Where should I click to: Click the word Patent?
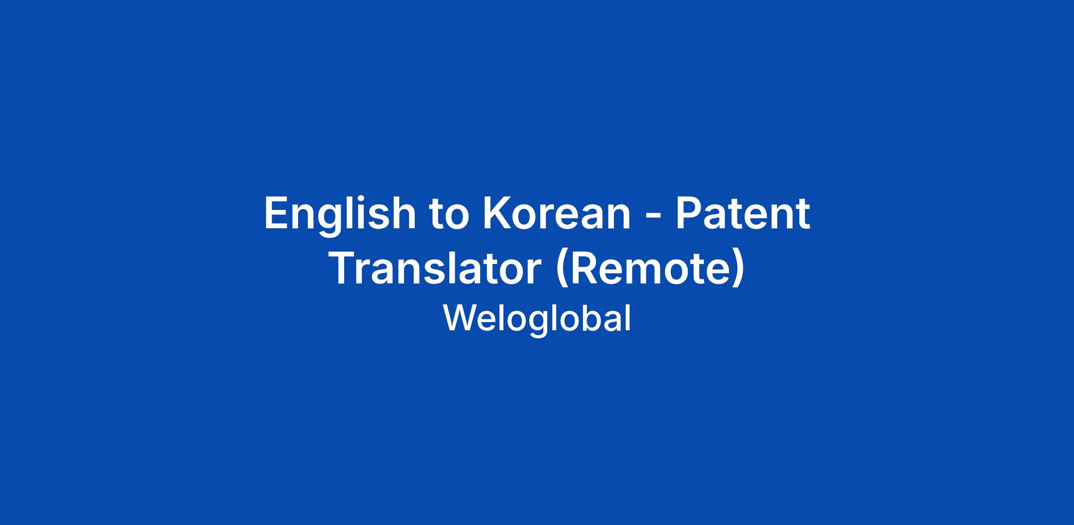(x=743, y=213)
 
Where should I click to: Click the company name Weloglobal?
(x=537, y=319)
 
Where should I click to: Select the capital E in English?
(x=277, y=213)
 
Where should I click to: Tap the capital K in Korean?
(x=498, y=213)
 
